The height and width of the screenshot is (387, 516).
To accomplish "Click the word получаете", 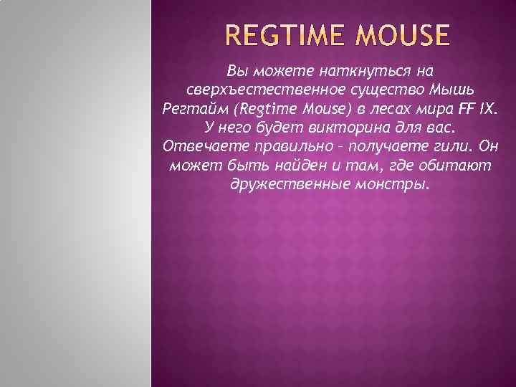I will coord(388,148).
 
